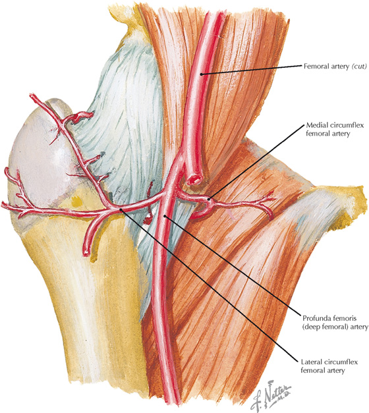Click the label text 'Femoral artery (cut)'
pos(335,66)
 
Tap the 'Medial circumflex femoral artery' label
pos(335,129)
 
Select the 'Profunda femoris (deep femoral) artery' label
pos(335,322)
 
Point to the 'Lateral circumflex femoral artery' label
pos(329,366)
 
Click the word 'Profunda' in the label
pos(316,318)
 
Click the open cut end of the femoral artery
pos(194,180)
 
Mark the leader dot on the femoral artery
pos(202,74)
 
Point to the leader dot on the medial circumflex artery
pos(209,200)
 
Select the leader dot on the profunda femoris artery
pos(165,216)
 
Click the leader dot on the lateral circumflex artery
pos(121,209)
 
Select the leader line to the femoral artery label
pos(251,70)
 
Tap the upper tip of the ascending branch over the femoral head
pos(32,96)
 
